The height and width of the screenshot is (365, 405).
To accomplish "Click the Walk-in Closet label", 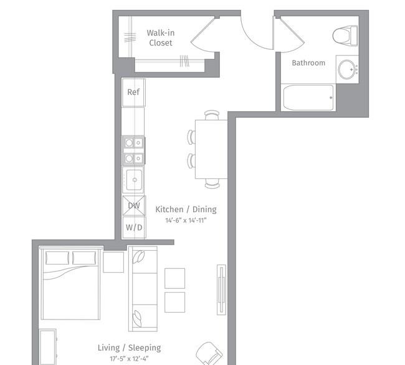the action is [x=160, y=38].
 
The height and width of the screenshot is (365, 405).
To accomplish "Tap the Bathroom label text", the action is [x=308, y=63].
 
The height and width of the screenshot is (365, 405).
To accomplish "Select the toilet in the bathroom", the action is [x=345, y=36].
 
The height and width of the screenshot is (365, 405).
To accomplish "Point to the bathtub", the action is [x=308, y=98].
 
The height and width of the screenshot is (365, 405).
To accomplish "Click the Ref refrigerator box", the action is [x=133, y=92].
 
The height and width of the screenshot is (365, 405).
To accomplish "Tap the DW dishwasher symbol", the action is [x=134, y=206].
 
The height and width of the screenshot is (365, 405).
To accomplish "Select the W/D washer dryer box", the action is [x=134, y=227].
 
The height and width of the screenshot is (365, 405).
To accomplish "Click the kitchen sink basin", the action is [x=135, y=180].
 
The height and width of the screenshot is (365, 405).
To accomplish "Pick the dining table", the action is [x=211, y=149].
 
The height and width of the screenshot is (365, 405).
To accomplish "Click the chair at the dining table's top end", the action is [x=212, y=115].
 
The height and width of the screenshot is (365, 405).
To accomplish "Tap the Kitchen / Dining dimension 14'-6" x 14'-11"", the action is [x=186, y=221].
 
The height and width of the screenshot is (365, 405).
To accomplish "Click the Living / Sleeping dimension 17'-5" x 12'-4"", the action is [x=129, y=359].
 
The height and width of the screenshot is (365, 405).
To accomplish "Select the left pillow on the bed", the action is [x=57, y=258].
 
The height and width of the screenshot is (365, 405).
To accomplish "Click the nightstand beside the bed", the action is [x=113, y=262].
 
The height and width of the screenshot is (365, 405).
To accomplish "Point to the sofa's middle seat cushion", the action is [x=143, y=289].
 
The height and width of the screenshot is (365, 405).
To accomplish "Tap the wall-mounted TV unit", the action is [x=221, y=290].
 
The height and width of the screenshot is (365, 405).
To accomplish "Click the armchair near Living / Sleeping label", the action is [x=209, y=353].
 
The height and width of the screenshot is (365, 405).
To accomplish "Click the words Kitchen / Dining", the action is [x=186, y=209].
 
